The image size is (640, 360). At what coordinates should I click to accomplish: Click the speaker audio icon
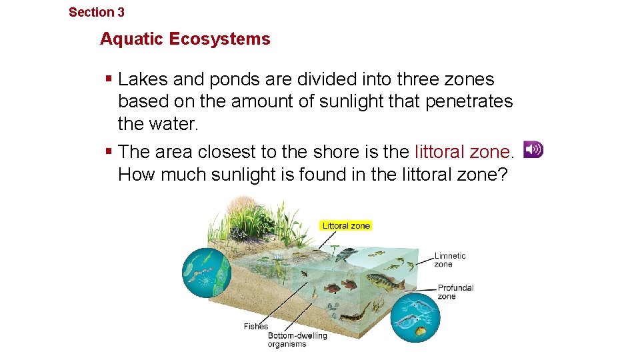pyautogui.click(x=533, y=149)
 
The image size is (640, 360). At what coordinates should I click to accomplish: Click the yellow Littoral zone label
pyautogui.click(x=345, y=225)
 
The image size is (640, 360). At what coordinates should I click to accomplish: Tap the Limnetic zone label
pyautogui.click(x=450, y=259)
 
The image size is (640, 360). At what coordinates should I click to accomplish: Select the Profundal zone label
pyautogui.click(x=455, y=292)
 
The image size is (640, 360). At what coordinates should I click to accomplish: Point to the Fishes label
pyautogui.click(x=256, y=326)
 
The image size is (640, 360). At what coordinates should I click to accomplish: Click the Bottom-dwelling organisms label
pyautogui.click(x=297, y=339)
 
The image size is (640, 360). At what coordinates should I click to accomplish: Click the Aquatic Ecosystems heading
pyautogui.click(x=185, y=39)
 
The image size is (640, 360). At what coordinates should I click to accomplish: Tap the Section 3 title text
pyautogui.click(x=97, y=12)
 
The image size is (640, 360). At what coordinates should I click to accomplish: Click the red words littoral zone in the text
pyautogui.click(x=464, y=152)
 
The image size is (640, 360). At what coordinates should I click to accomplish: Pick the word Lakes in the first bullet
pyautogui.click(x=143, y=79)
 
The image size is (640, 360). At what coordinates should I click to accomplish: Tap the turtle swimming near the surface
pyautogui.click(x=346, y=253)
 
